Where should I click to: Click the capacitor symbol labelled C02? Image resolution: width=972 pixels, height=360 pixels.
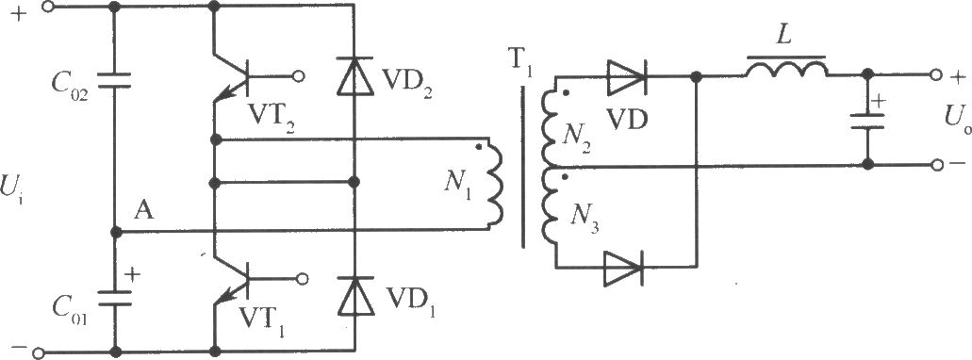pyautogui.click(x=115, y=79)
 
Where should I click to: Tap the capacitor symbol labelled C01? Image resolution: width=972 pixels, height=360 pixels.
pyautogui.click(x=115, y=297)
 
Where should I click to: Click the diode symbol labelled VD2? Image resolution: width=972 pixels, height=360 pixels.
pyautogui.click(x=354, y=75)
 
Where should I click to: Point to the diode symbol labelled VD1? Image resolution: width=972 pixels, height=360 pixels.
pyautogui.click(x=354, y=297)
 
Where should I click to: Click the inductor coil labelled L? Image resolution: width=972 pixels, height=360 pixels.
pyautogui.click(x=786, y=68)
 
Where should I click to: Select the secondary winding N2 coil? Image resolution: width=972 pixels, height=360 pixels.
pyautogui.click(x=551, y=123)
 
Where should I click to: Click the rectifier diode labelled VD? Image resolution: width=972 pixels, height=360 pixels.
pyautogui.click(x=626, y=77)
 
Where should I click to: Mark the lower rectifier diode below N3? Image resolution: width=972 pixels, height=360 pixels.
pyautogui.click(x=623, y=267)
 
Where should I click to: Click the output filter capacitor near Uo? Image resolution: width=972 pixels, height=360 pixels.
pyautogui.click(x=867, y=121)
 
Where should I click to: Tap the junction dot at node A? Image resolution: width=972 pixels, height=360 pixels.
pyautogui.click(x=115, y=232)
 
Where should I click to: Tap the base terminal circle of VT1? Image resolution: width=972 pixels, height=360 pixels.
pyautogui.click(x=302, y=280)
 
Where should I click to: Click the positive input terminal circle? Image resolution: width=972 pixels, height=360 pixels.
pyautogui.click(x=48, y=7)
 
